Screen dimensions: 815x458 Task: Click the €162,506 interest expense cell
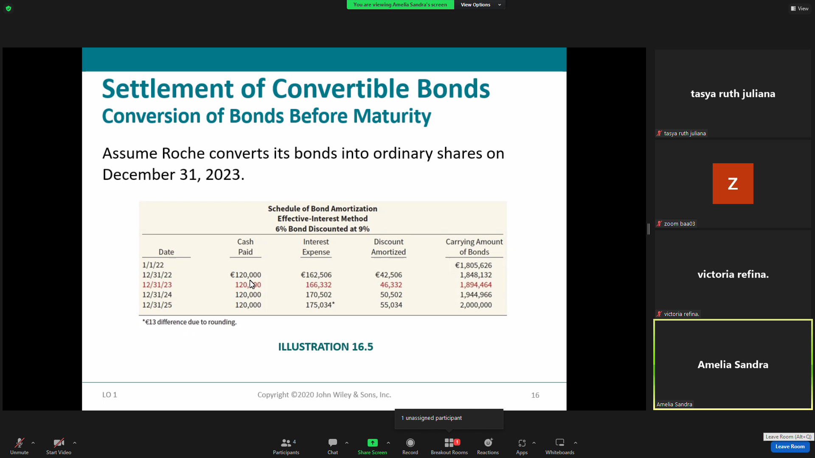point(316,275)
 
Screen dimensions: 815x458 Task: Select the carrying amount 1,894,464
point(476,285)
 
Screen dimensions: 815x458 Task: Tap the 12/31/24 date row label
point(157,295)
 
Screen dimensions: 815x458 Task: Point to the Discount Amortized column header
point(388,247)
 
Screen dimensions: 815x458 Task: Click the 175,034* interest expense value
point(320,305)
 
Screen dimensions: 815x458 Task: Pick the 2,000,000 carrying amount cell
point(476,305)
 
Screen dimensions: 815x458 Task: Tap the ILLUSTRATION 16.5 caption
point(326,347)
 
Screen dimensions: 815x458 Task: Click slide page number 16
point(535,395)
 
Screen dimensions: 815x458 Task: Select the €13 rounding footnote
point(189,322)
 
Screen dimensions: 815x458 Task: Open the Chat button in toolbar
point(333,447)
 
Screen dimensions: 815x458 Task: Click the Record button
point(410,447)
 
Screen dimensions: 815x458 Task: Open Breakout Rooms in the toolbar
point(449,447)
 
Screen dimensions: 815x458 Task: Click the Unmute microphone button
point(20,447)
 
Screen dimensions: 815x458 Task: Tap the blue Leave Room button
point(790,447)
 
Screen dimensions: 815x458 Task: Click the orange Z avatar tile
point(733,184)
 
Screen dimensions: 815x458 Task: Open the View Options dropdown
point(479,5)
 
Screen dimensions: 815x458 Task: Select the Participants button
point(286,447)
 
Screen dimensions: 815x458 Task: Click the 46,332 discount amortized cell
point(391,285)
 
